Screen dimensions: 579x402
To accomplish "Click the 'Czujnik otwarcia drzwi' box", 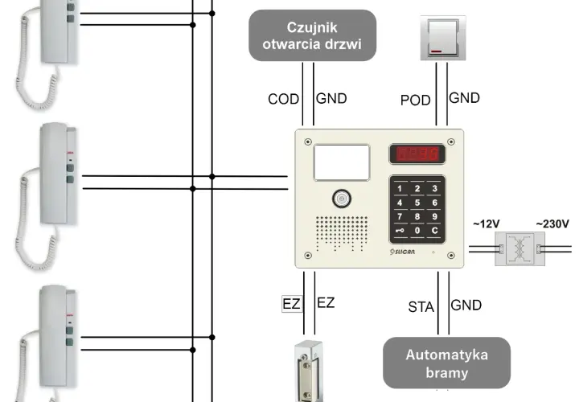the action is click(x=312, y=35).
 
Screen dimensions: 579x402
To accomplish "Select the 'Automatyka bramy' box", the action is click(x=447, y=363).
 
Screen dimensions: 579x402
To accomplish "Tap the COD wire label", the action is click(x=283, y=99).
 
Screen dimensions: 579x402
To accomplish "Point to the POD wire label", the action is click(x=416, y=100).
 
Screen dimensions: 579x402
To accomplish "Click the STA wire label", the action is click(x=421, y=307).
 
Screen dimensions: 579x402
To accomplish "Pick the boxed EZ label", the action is click(x=292, y=304).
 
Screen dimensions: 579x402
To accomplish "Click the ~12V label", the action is click(x=486, y=224).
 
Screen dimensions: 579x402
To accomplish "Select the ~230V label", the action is click(x=552, y=224).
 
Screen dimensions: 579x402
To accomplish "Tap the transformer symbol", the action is click(x=520, y=248).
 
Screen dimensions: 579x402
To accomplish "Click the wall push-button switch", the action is click(x=443, y=38).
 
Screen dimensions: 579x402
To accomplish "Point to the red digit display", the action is click(x=417, y=154).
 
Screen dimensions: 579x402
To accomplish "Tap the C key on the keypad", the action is click(x=434, y=231).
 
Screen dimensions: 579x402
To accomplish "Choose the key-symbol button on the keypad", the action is click(x=400, y=231).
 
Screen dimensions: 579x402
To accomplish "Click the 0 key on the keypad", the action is click(x=417, y=231).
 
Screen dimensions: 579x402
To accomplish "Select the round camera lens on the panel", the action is click(x=342, y=199).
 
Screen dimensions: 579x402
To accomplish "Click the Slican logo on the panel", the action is click(x=402, y=252).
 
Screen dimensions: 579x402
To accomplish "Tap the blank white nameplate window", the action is click(x=342, y=162).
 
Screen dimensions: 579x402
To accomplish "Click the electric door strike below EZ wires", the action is click(x=308, y=371).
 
